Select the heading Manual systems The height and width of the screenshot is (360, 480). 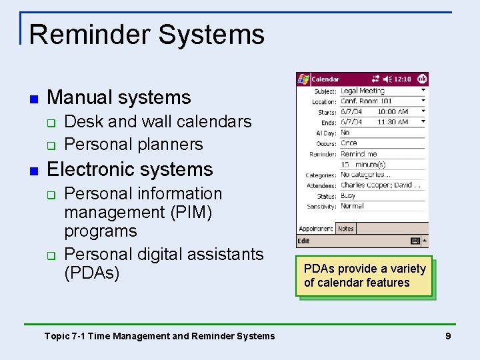click(119, 97)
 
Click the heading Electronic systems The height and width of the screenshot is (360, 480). click(129, 169)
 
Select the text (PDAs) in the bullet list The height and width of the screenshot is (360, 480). click(91, 273)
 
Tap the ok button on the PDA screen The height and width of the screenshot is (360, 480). click(421, 79)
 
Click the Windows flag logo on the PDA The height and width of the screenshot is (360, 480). click(303, 79)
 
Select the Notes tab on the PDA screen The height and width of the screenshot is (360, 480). click(346, 228)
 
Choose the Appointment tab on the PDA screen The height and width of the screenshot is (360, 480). click(315, 228)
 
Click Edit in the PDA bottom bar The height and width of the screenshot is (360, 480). click(304, 241)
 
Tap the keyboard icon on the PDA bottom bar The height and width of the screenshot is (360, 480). click(415, 241)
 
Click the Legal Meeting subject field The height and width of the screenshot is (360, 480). click(363, 91)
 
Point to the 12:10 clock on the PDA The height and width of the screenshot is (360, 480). click(402, 79)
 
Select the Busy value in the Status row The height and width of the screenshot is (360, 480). click(348, 196)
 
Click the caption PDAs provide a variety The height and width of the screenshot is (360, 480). click(365, 269)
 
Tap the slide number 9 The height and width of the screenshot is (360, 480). click(448, 336)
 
